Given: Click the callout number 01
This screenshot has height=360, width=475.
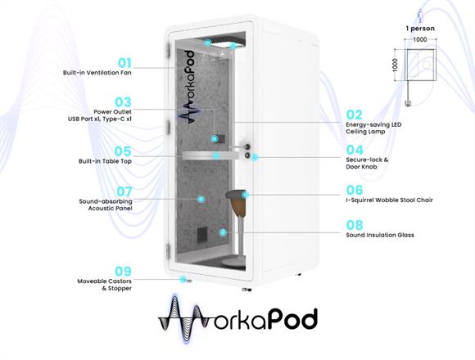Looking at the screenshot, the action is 124,63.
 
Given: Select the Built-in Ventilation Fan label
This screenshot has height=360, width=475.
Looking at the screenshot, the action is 97,73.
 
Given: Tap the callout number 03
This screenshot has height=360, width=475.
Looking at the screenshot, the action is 123,102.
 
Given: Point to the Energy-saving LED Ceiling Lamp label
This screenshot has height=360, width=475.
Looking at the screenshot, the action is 373,128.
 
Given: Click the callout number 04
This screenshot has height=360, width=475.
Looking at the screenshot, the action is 355,150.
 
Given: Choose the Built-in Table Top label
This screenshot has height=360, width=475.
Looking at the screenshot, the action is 105,161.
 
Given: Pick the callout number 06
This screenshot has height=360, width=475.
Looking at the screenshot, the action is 355,190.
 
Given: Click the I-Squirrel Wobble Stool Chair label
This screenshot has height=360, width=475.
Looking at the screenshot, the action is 389,200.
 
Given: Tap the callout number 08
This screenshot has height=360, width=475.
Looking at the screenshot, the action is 355,225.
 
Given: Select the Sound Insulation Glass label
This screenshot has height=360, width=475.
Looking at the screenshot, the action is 380,235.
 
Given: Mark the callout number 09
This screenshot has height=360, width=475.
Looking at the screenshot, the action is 123,271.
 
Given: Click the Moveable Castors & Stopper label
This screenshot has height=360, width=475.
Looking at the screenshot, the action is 105,285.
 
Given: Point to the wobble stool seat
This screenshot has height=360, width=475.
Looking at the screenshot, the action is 236,194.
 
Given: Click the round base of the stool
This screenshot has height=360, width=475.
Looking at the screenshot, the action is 233,263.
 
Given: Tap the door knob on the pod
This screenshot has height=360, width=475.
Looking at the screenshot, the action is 247,147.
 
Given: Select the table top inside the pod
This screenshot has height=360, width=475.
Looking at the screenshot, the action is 210,155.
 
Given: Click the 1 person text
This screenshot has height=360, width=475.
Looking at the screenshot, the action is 420,29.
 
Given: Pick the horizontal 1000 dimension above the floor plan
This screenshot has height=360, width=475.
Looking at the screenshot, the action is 420,39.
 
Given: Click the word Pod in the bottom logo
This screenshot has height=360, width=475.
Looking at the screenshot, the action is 292,318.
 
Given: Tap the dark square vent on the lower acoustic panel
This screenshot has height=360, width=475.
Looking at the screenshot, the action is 202,235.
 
